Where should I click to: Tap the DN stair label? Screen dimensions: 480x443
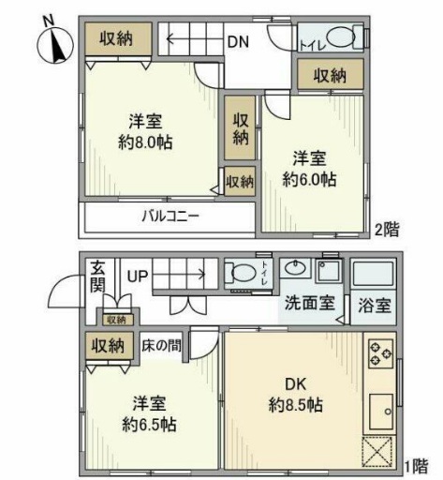pyautogui.click(x=237, y=40)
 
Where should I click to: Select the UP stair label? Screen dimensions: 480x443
pyautogui.click(x=138, y=276)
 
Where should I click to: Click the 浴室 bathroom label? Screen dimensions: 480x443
pyautogui.click(x=375, y=305)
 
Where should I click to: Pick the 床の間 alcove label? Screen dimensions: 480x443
pyautogui.click(x=162, y=345)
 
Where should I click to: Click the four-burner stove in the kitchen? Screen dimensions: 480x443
pyautogui.click(x=381, y=352)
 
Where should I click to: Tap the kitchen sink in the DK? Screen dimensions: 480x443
pyautogui.click(x=381, y=410)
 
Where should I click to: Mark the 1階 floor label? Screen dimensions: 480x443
pyautogui.click(x=418, y=464)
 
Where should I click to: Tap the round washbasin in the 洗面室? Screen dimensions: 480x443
pyautogui.click(x=293, y=266)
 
